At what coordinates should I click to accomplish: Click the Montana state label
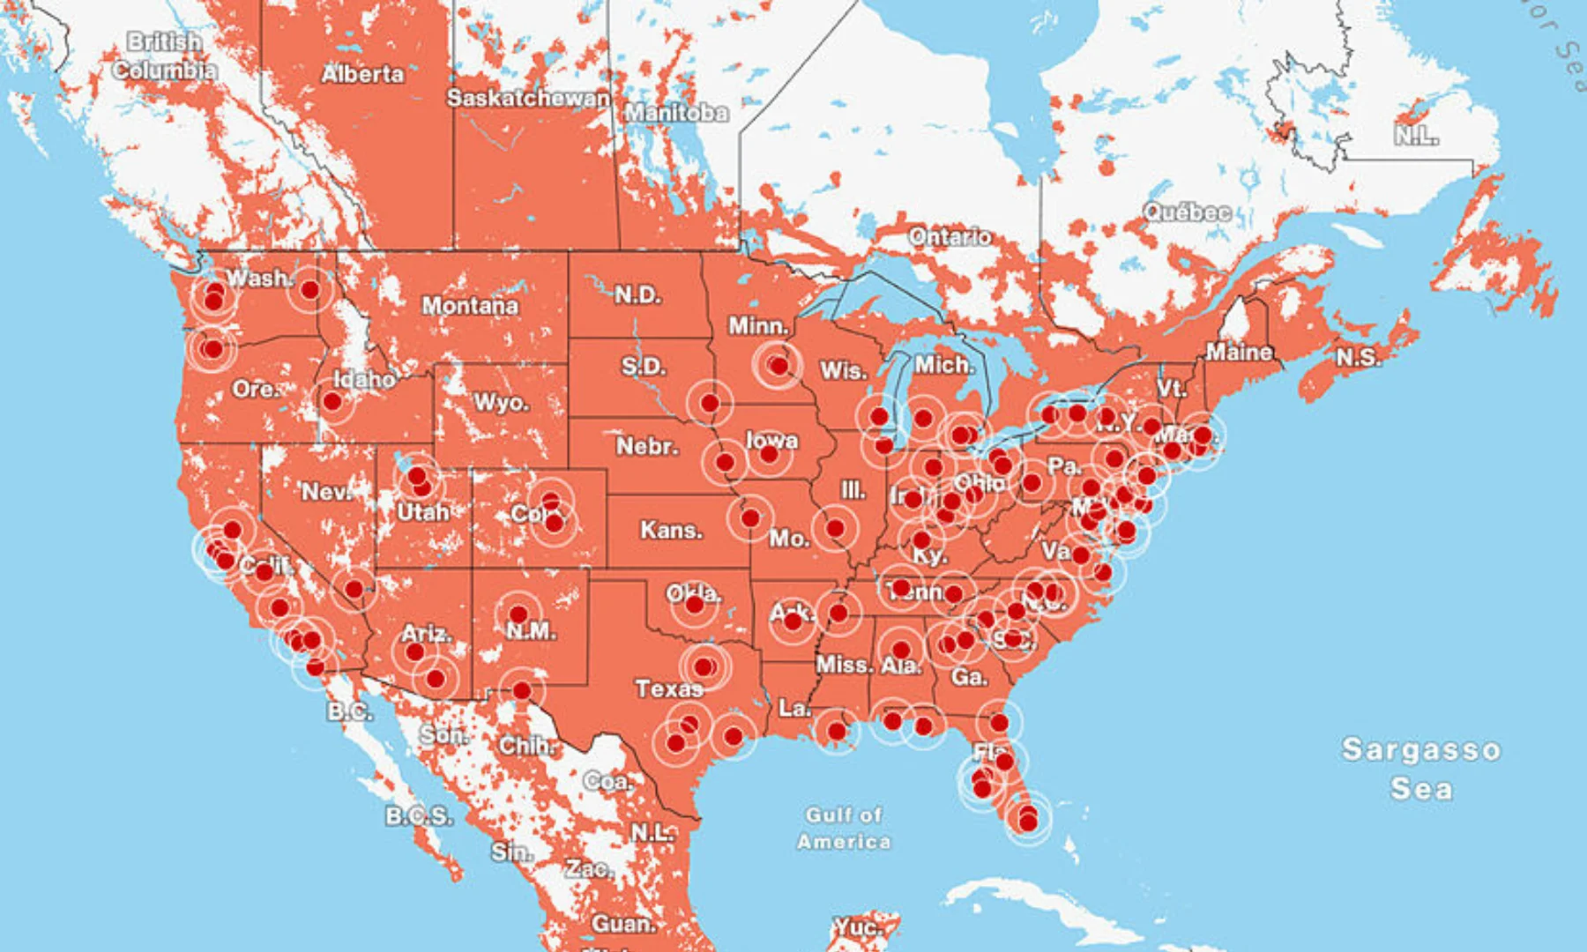click(470, 306)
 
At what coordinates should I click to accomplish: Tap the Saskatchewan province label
click(527, 98)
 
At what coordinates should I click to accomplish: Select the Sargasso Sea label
click(1420, 768)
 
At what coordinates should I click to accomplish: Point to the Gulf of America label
click(844, 828)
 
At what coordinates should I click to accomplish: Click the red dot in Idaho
click(332, 402)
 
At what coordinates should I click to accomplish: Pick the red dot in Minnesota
click(779, 365)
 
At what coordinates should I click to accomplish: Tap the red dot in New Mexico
click(518, 614)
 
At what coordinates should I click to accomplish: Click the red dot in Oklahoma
click(695, 605)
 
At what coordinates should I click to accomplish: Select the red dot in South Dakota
click(710, 404)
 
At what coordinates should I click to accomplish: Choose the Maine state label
click(1239, 353)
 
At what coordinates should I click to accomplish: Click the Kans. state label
click(671, 531)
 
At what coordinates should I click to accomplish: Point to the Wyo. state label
click(501, 403)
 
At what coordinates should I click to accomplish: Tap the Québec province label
click(1187, 212)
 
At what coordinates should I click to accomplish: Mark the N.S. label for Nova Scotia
click(1358, 357)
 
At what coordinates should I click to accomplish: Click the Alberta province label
click(362, 74)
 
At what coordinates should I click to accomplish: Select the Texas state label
click(668, 688)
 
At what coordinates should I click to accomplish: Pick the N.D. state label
click(637, 294)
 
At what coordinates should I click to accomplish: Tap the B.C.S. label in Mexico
click(419, 816)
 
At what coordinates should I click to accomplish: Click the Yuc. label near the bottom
click(856, 927)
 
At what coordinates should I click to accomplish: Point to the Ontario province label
click(950, 236)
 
